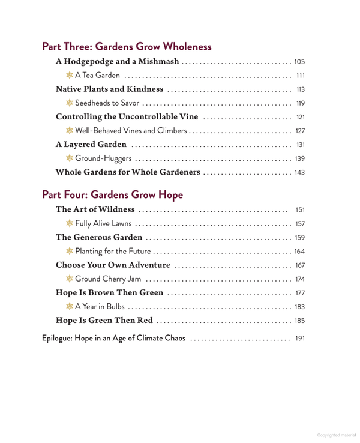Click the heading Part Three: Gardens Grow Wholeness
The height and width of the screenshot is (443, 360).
tap(127, 46)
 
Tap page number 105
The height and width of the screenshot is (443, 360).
tap(300, 62)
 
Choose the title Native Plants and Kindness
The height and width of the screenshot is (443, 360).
tap(109, 89)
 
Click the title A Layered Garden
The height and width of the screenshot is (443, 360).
tap(91, 145)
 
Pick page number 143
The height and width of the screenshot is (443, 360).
tap(300, 173)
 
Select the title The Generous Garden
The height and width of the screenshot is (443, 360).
tap(99, 238)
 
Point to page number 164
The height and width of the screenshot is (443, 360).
tap(300, 252)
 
